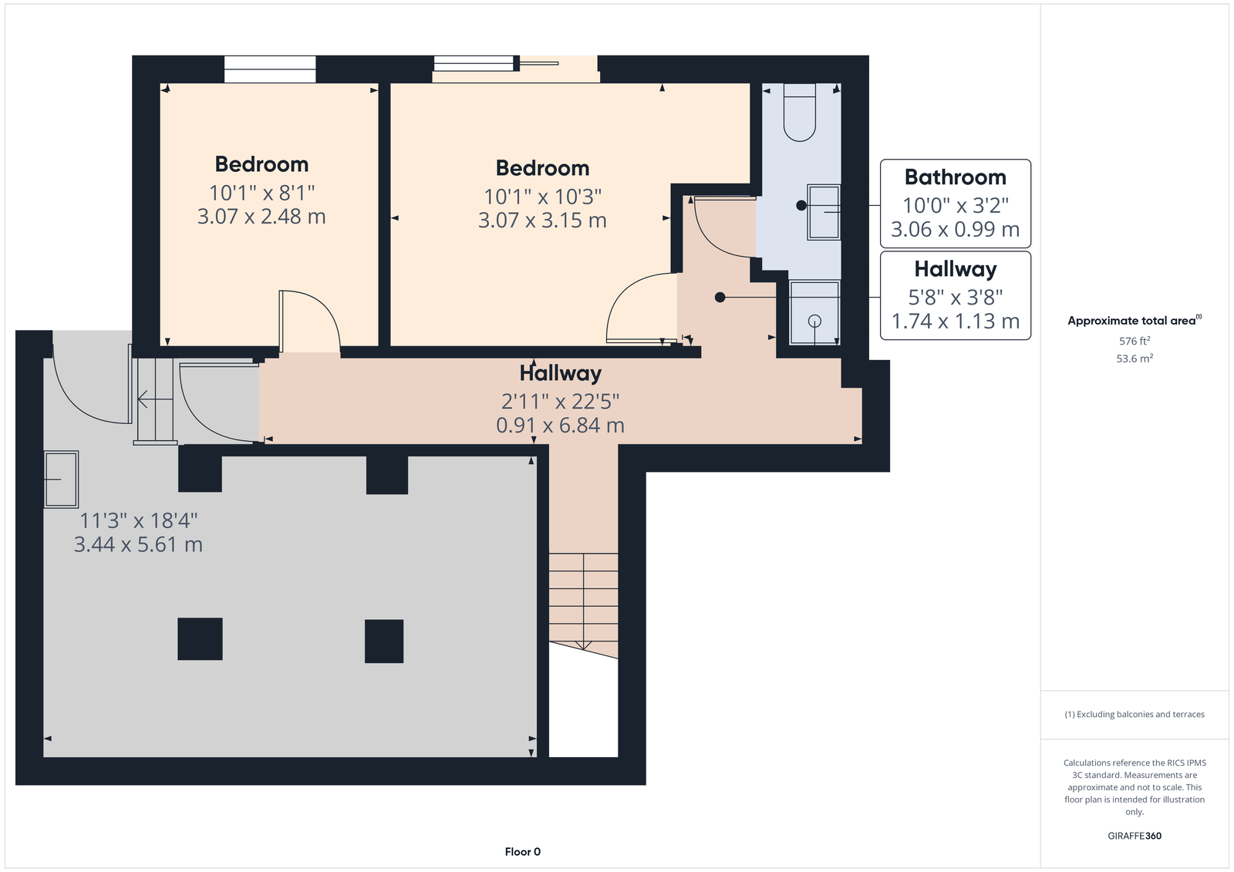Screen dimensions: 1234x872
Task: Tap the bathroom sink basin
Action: coord(824,212)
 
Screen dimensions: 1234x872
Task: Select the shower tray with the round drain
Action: coord(814,312)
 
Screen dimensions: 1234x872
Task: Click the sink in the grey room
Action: coord(61,480)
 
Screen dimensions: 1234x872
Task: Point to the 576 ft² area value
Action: coord(1135,341)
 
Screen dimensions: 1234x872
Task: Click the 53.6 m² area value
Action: coord(1135,358)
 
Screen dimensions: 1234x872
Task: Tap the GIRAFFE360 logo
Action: coord(1135,836)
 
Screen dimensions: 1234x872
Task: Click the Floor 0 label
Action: coord(523,852)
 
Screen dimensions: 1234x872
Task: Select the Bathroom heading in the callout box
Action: coord(956,177)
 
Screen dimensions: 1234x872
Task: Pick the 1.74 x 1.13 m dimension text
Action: coord(956,322)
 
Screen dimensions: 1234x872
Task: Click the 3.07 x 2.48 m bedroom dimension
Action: coord(261,217)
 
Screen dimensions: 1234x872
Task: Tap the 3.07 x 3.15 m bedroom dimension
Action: coord(542,221)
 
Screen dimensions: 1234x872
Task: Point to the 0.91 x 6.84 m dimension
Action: coord(560,426)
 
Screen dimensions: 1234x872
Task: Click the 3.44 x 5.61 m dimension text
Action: coord(138,544)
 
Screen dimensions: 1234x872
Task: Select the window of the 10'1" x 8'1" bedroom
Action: coord(270,69)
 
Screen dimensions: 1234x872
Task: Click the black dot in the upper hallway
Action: coord(720,298)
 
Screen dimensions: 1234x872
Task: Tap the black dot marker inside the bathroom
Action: coord(801,205)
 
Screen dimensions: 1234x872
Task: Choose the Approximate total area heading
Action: coord(1131,322)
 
